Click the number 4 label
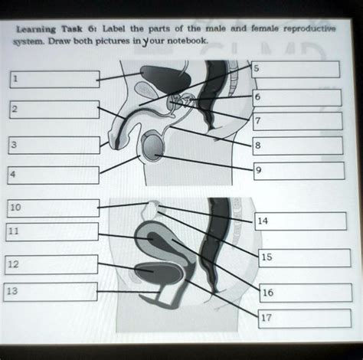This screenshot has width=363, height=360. coord(13,175)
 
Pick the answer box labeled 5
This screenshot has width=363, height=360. coord(296,70)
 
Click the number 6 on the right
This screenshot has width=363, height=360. coord(257,97)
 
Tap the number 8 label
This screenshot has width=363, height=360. coord(257,144)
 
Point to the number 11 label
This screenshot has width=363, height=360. coord(15,230)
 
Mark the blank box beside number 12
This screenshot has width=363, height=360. coord(51,265)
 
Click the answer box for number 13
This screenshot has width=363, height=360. coord(50,292)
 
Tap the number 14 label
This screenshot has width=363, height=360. coord(263,221)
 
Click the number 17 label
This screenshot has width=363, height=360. coord(267,316)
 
